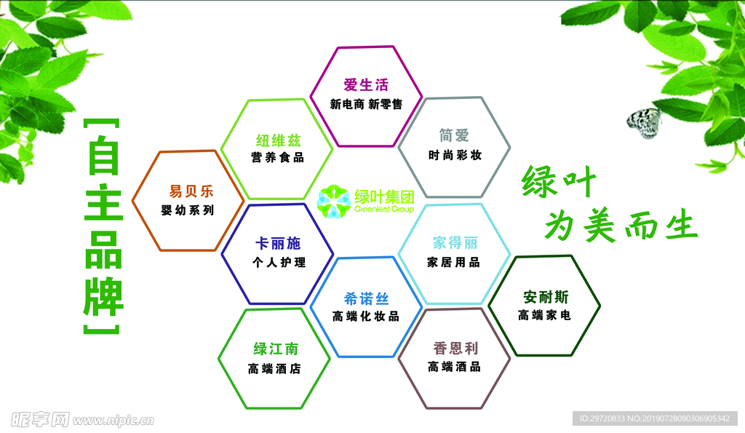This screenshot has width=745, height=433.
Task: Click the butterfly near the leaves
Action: (645, 123)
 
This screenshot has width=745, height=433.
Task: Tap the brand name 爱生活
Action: (366, 85)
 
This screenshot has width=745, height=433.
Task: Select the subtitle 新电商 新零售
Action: (366, 104)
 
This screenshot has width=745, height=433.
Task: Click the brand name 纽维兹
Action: (278, 140)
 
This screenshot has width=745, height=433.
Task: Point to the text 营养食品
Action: (277, 157)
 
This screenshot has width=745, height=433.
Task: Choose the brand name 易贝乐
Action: (191, 191)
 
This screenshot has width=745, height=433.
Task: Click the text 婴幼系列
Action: (188, 210)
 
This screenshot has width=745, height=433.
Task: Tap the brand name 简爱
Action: (454, 135)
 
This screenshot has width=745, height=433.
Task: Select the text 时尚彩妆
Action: (455, 155)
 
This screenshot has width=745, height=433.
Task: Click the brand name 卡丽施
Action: (278, 243)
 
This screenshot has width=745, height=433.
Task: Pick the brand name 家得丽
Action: (455, 243)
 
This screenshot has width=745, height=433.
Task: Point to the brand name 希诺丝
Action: (366, 299)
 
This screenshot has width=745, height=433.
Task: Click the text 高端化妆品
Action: (366, 317)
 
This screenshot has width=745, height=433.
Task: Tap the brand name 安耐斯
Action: (546, 297)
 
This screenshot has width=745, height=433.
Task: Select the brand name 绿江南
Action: (276, 349)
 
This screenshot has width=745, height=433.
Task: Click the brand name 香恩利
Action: (455, 349)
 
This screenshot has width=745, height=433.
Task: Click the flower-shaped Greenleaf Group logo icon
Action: (334, 202)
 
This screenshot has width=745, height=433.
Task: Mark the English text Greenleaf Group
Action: (384, 209)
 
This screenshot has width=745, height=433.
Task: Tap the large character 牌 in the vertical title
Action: (103, 298)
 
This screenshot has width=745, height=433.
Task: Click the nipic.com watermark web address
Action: (113, 420)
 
